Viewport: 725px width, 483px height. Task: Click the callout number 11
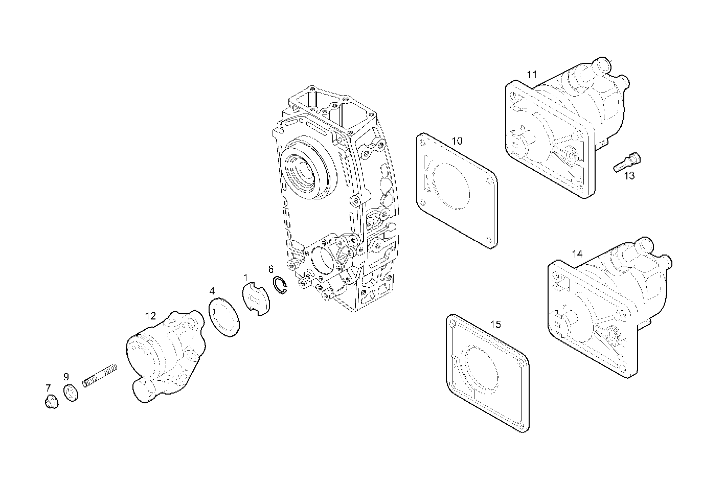532,75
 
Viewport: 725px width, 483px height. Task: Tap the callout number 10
457,141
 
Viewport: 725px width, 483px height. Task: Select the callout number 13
629,176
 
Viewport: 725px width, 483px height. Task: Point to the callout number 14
577,254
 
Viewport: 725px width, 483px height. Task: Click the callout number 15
495,325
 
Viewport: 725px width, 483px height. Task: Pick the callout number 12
150,316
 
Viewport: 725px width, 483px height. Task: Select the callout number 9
66,377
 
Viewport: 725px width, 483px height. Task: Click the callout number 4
212,291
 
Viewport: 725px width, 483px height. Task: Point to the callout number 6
271,269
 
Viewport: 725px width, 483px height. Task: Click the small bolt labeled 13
627,162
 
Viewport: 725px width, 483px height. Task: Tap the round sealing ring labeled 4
224,316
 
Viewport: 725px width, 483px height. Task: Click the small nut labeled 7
50,403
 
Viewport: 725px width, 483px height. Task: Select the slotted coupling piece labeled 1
256,300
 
